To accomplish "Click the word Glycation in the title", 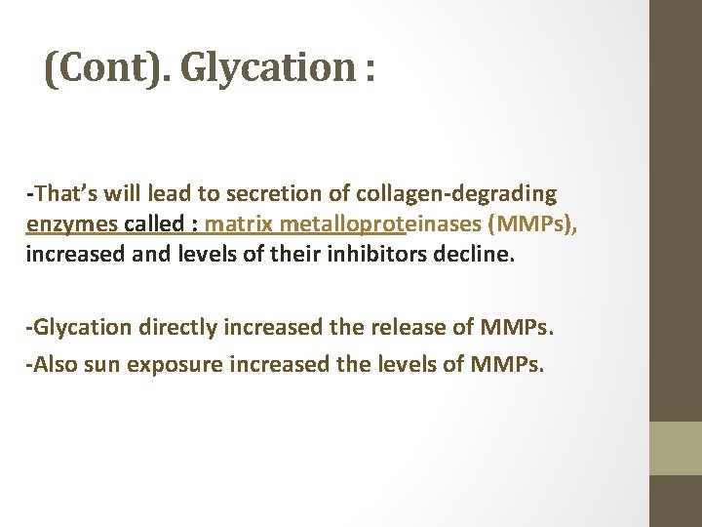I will point(263,68).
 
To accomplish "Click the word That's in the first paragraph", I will point(61,193).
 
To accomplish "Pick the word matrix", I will point(238,224).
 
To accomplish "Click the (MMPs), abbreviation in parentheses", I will point(535,224).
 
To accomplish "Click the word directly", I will point(178,327).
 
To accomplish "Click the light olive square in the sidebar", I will point(676,448).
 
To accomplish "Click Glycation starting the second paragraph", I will point(81,327).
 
